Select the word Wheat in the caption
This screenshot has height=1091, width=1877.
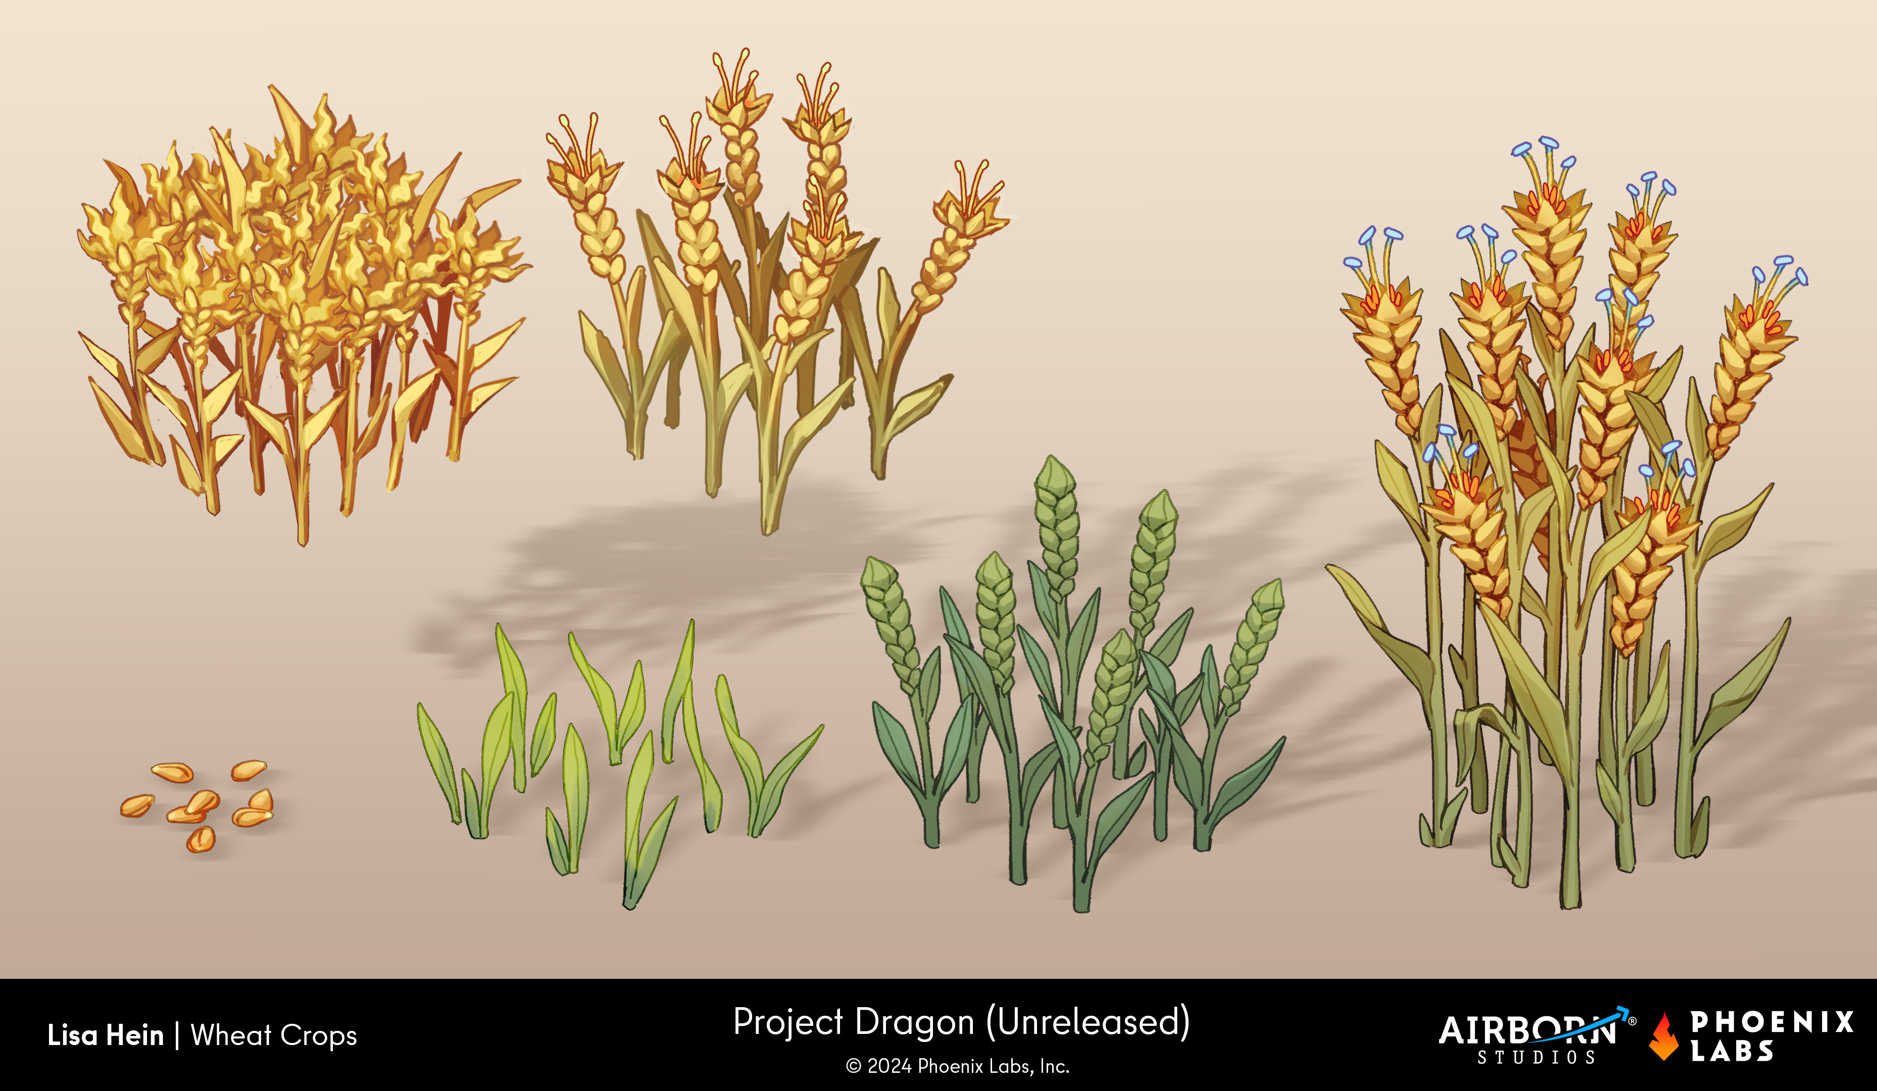pos(231,1035)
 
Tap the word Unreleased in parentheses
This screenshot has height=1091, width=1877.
pos(1088,1022)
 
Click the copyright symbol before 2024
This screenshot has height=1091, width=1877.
pos(854,1066)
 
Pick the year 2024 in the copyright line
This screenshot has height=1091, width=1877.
pos(890,1066)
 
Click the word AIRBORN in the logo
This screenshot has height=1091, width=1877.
pos(1527,1031)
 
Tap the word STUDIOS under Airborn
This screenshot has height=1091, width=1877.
pos(1536,1058)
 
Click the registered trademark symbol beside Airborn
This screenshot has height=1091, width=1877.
pos(1632,1021)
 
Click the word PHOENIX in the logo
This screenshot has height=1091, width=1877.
pos(1772,1022)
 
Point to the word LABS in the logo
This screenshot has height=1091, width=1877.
pos(1732,1051)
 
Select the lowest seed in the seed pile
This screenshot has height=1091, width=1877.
pos(201,840)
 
